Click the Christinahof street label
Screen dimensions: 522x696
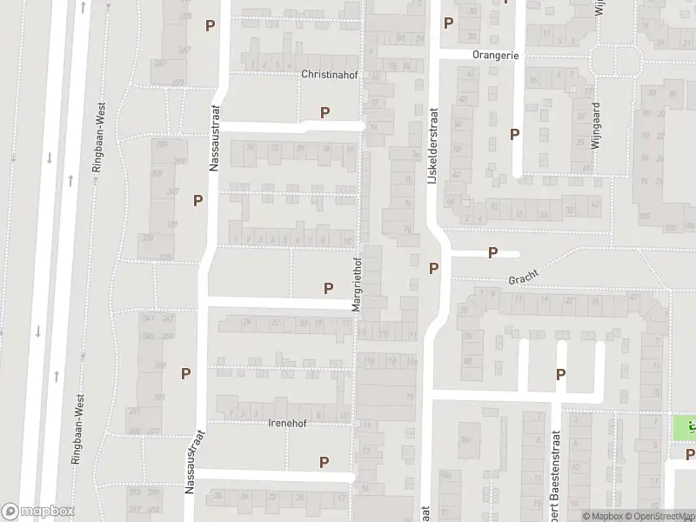click(x=329, y=75)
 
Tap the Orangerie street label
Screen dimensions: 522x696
click(x=495, y=55)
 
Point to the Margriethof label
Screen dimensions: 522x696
click(x=356, y=284)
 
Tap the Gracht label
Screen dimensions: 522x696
click(x=525, y=278)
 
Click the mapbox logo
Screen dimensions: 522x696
click(x=37, y=511)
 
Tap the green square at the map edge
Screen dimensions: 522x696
click(x=685, y=427)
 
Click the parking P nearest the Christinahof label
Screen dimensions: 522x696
click(x=325, y=112)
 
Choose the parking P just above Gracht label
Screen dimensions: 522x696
click(x=492, y=253)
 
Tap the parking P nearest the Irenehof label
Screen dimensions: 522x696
click(x=324, y=463)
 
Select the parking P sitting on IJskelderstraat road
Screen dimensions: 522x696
click(x=433, y=267)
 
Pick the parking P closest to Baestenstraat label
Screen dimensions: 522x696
click(x=561, y=374)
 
